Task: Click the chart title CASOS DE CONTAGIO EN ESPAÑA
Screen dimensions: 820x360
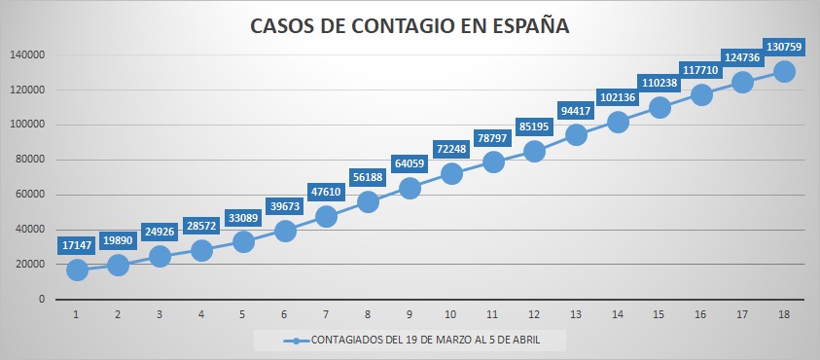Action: tap(410, 26)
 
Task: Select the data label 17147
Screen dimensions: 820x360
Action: tap(77, 245)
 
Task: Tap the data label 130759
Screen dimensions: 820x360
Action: tap(784, 47)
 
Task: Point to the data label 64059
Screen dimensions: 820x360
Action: tap(410, 164)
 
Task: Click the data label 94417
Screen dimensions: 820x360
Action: tap(576, 110)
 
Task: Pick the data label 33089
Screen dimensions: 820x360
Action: tap(243, 218)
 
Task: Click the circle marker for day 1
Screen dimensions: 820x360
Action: tap(77, 270)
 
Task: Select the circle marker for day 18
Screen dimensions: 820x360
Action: tap(784, 72)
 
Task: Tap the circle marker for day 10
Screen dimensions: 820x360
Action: tap(451, 174)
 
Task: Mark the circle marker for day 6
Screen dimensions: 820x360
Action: tap(285, 231)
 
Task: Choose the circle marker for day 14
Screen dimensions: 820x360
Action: tap(618, 122)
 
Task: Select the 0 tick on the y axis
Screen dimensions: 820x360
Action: tap(41, 300)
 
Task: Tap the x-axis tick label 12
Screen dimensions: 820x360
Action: tap(534, 314)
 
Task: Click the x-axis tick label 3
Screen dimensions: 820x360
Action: tap(160, 314)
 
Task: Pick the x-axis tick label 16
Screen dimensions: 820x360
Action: tap(700, 314)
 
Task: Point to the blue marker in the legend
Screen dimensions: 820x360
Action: tap(296, 341)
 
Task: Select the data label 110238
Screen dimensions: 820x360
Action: tap(659, 83)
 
